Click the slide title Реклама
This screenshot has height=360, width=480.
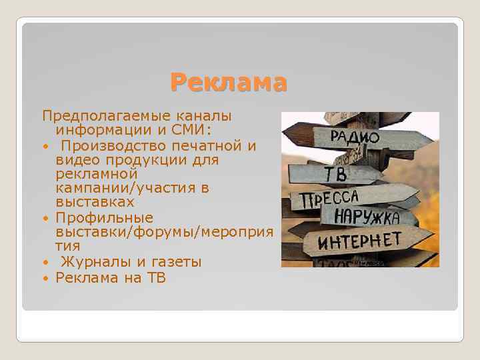coord(229,83)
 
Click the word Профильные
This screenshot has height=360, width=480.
coord(105,217)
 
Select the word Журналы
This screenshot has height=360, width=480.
coord(93,261)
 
